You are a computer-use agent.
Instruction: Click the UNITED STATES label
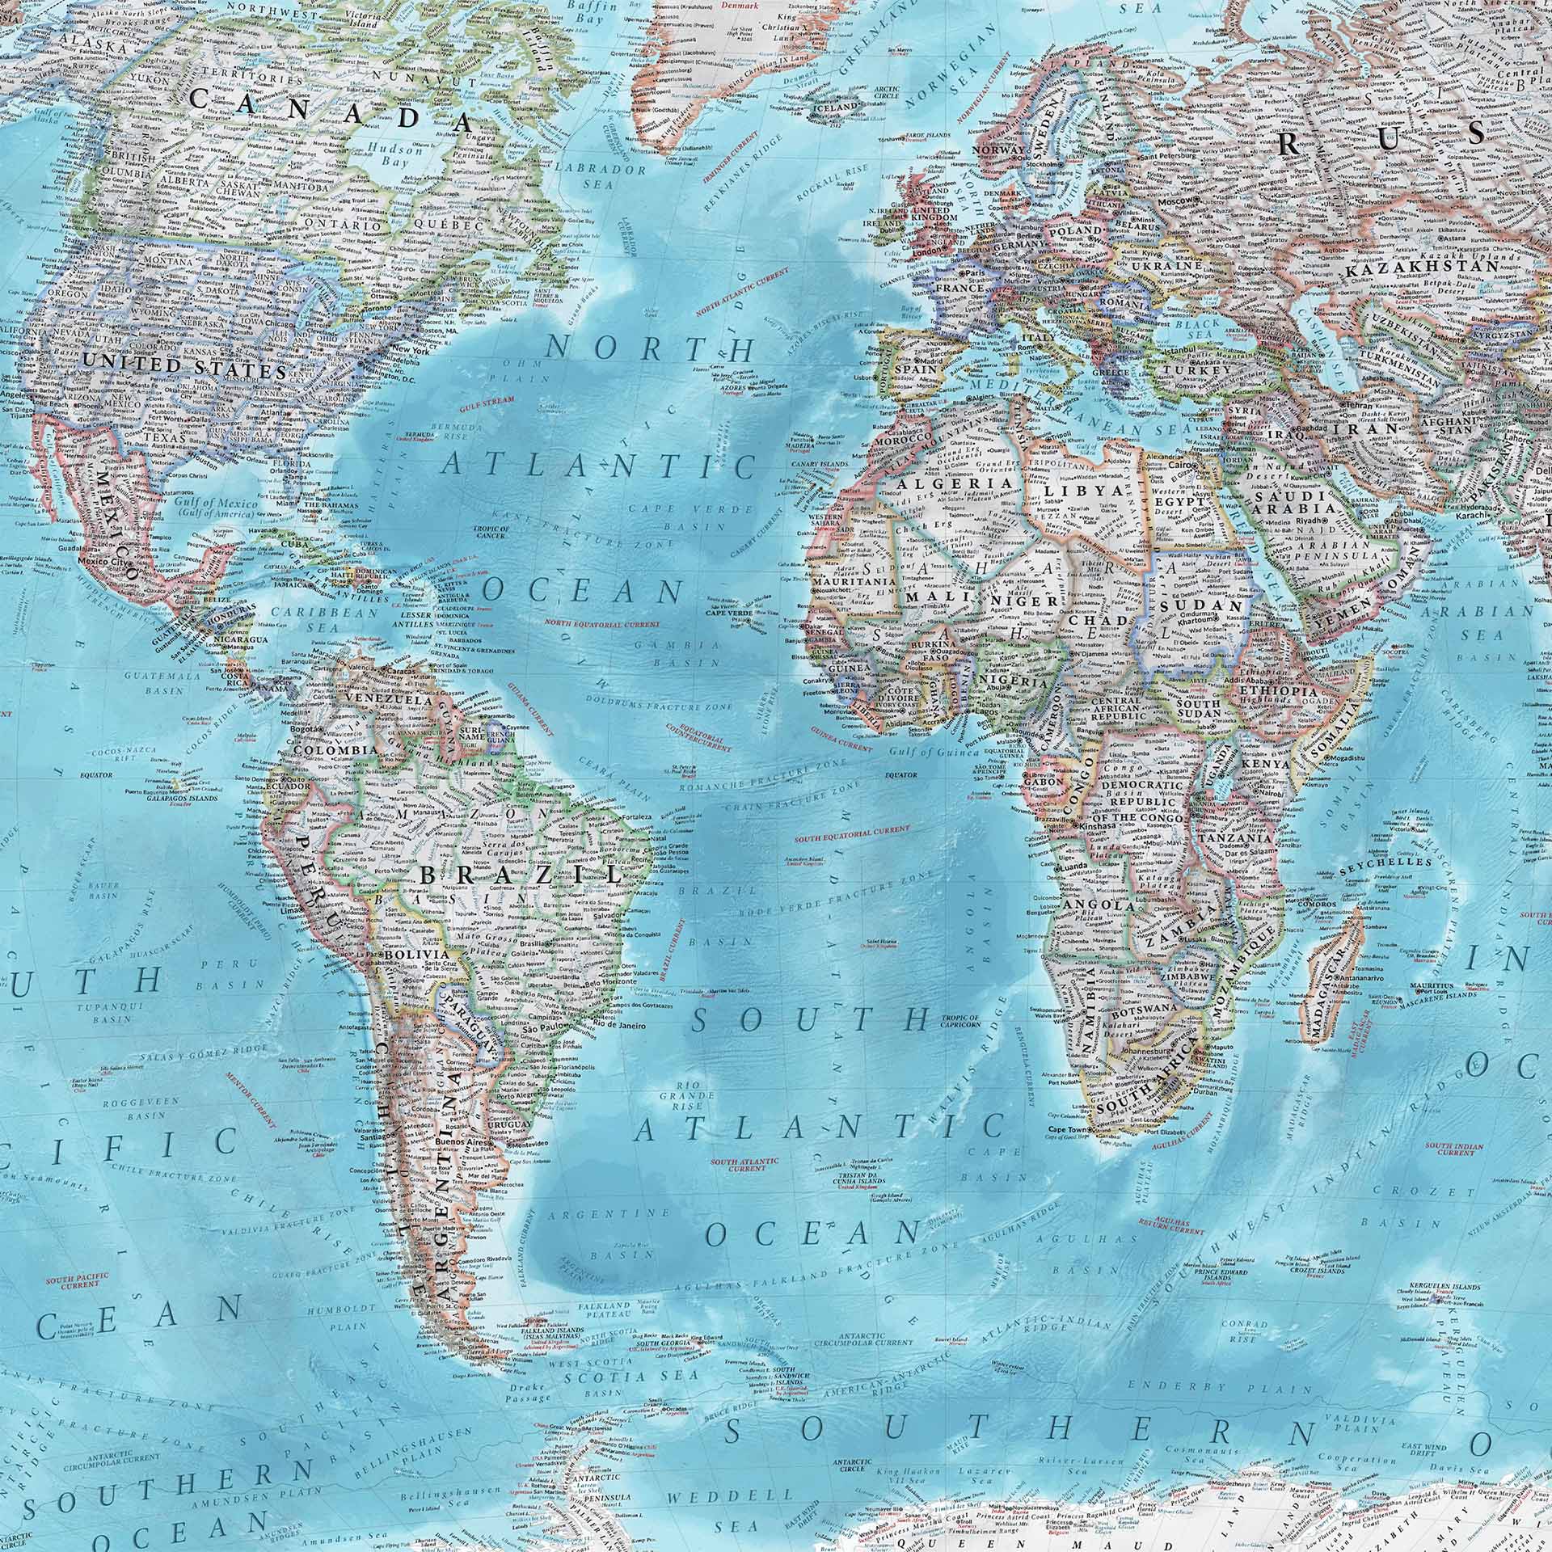point(185,369)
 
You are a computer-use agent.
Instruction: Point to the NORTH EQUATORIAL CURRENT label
point(602,624)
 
